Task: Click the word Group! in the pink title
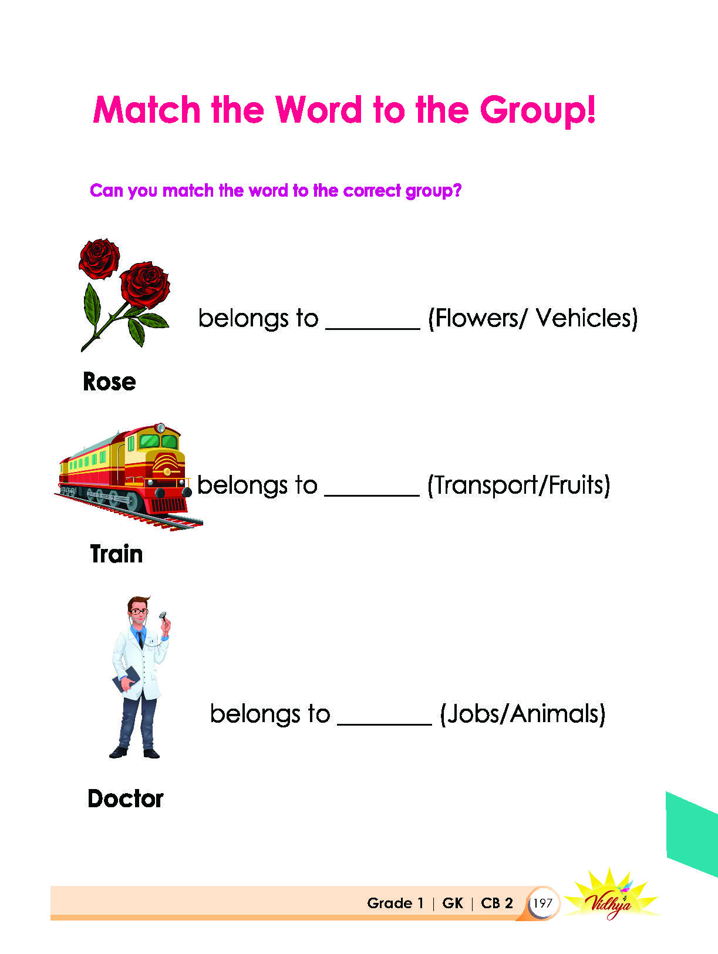[537, 112]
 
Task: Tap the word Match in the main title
[146, 110]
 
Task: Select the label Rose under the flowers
[109, 382]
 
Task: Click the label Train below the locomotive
[116, 554]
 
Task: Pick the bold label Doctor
[125, 798]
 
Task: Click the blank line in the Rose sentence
[373, 329]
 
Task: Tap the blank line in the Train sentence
[372, 495]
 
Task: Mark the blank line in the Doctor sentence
[385, 724]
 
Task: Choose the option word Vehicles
[583, 318]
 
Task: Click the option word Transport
[486, 485]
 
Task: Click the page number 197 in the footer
[542, 903]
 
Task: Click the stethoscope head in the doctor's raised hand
[162, 615]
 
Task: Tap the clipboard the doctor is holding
[126, 679]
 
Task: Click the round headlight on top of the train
[160, 428]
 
